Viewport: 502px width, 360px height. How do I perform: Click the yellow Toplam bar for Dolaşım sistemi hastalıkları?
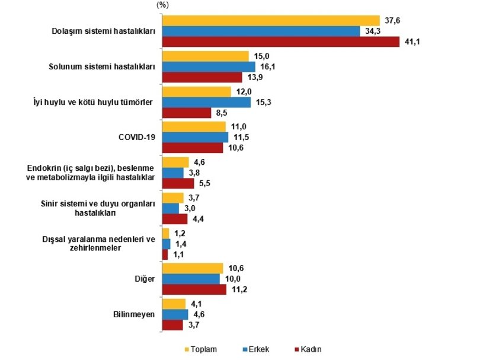(271, 21)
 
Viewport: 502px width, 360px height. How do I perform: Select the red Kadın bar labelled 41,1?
(281, 42)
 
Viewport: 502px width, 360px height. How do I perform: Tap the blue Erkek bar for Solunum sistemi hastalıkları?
(209, 66)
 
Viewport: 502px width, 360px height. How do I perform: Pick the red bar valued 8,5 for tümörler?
(187, 113)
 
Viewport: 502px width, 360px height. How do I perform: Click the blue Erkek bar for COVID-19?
(196, 137)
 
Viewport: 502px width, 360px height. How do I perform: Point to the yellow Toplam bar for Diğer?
(193, 269)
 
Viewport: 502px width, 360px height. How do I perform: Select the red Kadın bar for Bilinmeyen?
(172, 325)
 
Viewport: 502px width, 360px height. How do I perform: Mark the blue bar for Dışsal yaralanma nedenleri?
(166, 244)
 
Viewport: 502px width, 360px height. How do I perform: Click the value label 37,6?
(392, 21)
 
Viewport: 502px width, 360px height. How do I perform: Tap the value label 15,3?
(264, 102)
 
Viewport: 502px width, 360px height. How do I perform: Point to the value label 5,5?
(205, 183)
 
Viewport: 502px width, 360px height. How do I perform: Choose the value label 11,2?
(239, 289)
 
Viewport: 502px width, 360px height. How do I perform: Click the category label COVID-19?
(137, 137)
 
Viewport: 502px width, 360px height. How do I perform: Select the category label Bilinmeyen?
(134, 314)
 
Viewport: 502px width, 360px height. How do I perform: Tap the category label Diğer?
(145, 279)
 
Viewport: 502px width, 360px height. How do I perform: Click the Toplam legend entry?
(201, 349)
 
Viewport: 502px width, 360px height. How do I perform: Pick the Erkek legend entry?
(256, 349)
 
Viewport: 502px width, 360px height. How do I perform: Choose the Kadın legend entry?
(308, 349)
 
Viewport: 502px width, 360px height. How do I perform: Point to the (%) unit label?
(162, 5)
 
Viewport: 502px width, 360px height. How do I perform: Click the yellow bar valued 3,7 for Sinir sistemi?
(173, 198)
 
